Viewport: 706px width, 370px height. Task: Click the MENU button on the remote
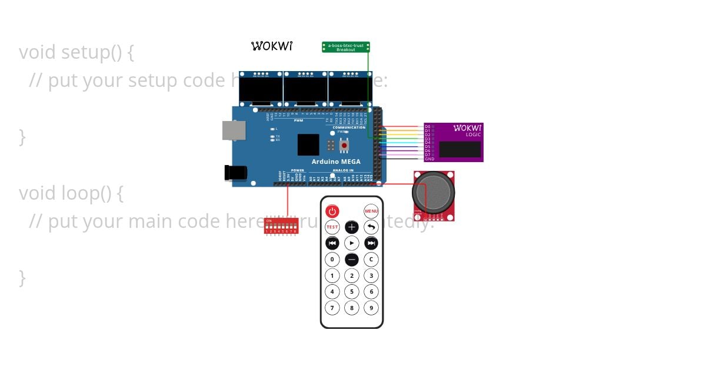(x=371, y=211)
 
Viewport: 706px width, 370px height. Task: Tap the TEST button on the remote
(x=332, y=227)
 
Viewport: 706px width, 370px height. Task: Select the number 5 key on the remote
(x=352, y=291)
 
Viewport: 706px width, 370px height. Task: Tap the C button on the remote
(x=371, y=259)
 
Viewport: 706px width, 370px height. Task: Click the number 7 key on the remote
(x=332, y=308)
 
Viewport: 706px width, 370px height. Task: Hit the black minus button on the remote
(x=352, y=259)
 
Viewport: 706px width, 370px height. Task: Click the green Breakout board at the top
(x=346, y=47)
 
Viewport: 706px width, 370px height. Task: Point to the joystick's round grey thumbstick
(x=434, y=191)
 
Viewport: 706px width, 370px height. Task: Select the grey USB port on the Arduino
(x=234, y=130)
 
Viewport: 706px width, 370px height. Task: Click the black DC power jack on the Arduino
(x=235, y=172)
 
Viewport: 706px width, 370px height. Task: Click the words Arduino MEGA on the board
(x=336, y=162)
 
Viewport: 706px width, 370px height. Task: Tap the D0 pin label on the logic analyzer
(x=428, y=126)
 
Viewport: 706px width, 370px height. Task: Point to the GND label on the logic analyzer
(x=429, y=159)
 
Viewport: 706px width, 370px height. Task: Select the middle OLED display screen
(x=305, y=89)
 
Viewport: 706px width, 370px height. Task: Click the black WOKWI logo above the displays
(x=271, y=46)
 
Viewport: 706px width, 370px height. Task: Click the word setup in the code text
(x=84, y=52)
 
